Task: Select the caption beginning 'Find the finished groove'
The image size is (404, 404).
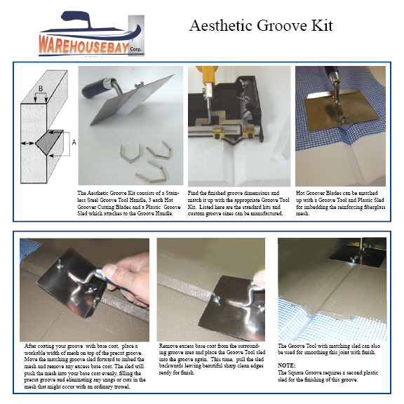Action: [x=235, y=203]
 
